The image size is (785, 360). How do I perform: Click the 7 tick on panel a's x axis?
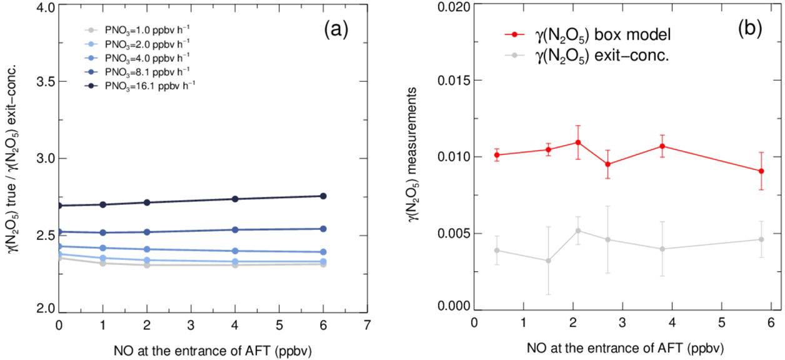point(367,325)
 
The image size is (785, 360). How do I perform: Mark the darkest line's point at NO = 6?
point(324,196)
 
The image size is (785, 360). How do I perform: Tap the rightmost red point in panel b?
point(761,171)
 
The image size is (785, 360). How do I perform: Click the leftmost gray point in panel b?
point(497,250)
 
